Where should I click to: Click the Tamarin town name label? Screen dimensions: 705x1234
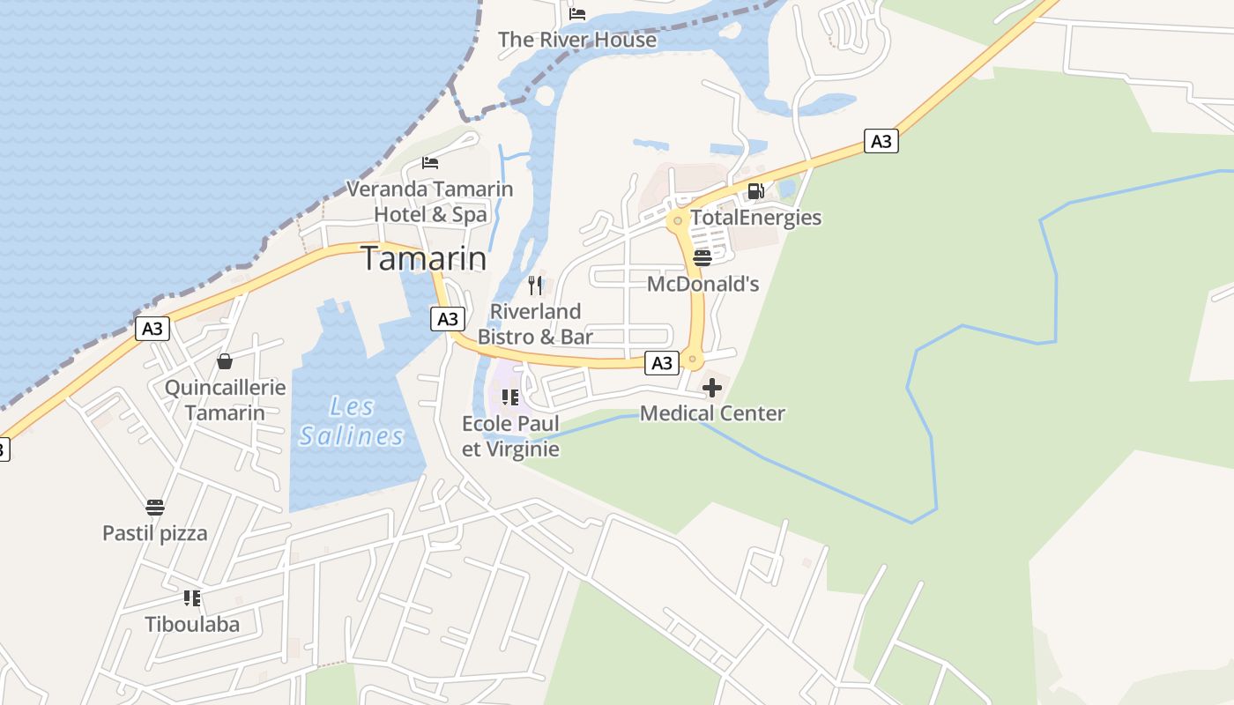424,259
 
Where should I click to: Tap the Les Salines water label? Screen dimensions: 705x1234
352,421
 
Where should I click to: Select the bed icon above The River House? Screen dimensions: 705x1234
577,13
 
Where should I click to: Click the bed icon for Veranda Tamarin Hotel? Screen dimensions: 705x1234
430,162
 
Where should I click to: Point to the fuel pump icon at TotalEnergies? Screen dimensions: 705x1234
755,191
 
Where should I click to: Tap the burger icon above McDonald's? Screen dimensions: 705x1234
702,258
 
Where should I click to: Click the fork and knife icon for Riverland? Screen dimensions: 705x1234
535,286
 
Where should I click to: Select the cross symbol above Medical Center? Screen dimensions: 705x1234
712,388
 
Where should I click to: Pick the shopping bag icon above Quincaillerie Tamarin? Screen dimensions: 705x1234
225,361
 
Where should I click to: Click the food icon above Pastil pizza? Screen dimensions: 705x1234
155,508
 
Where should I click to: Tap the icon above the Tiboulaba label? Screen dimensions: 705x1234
192,599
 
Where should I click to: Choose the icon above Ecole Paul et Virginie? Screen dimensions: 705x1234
510,398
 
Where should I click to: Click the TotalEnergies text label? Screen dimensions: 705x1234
755,218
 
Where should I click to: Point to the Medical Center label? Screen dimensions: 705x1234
712,413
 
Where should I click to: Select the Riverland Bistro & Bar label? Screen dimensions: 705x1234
535,324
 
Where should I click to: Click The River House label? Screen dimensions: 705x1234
577,40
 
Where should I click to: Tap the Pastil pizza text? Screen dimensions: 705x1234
155,533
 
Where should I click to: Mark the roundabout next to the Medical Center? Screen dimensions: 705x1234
693,360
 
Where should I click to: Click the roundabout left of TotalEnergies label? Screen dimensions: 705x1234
677,219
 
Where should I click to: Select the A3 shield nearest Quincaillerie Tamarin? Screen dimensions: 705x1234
152,329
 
